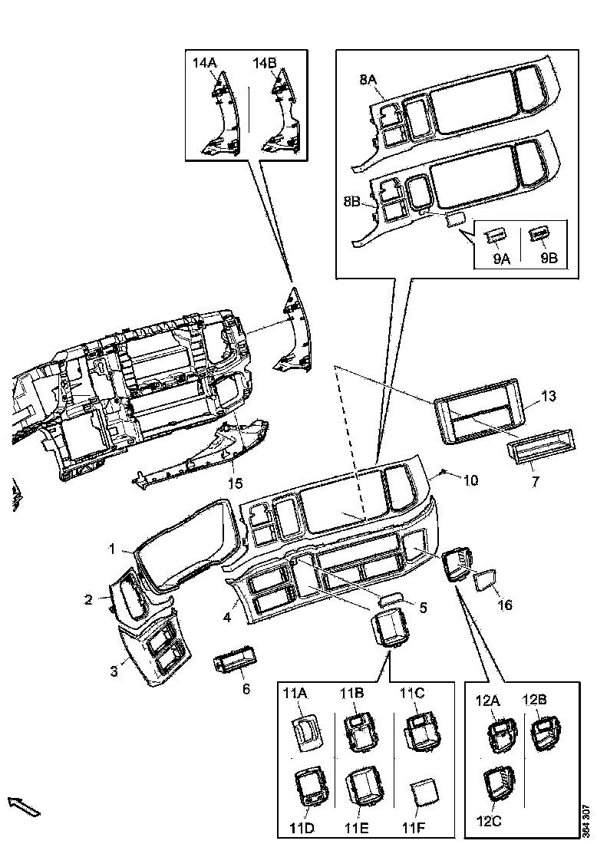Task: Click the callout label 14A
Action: (205, 64)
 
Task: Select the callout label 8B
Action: (351, 201)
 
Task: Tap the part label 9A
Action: (503, 259)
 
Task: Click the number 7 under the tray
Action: (536, 481)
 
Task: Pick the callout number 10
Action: (470, 480)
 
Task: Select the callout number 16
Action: (504, 605)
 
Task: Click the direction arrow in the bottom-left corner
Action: (23, 806)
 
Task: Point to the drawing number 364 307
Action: (586, 819)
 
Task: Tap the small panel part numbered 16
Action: (487, 581)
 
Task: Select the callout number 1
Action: (111, 549)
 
